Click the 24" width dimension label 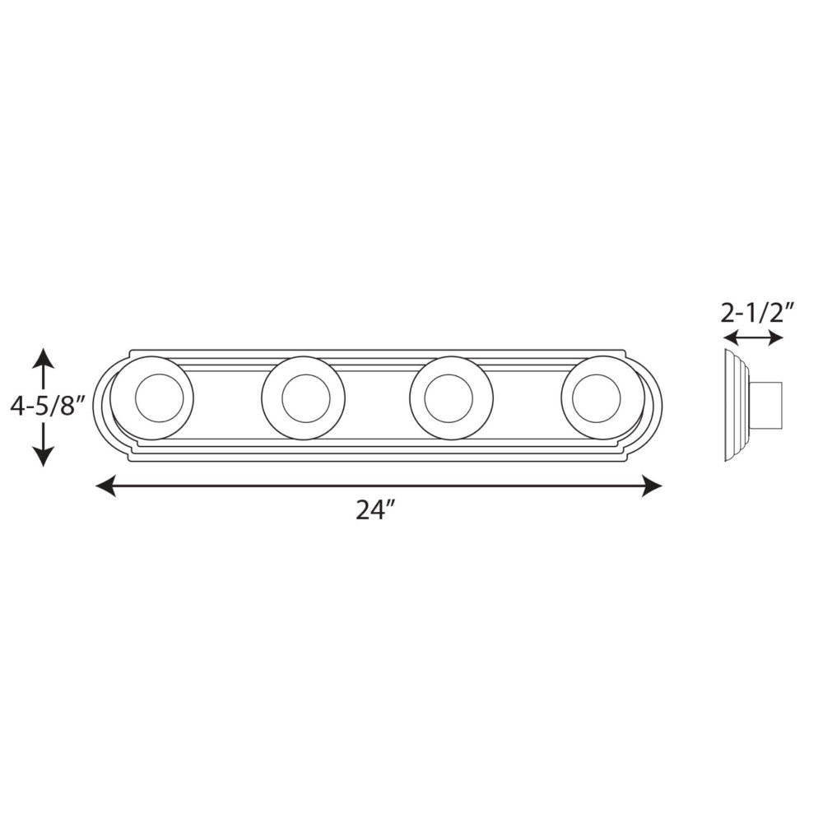pyautogui.click(x=375, y=509)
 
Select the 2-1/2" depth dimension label pyautogui.click(x=754, y=314)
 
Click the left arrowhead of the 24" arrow pyautogui.click(x=105, y=486)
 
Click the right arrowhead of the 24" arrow pyautogui.click(x=651, y=486)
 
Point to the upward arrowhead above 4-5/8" pyautogui.click(x=44, y=358)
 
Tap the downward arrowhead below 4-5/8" pyautogui.click(x=44, y=457)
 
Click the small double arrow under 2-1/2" pyautogui.click(x=753, y=338)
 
